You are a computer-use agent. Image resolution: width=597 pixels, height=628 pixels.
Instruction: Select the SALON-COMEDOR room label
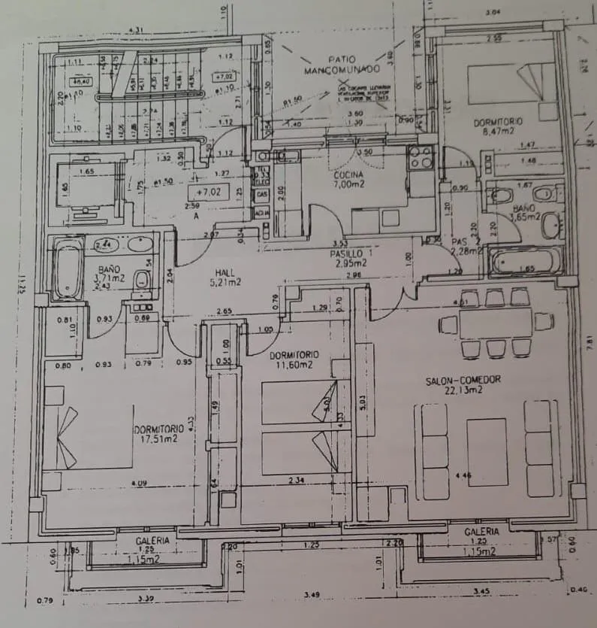pos(463,384)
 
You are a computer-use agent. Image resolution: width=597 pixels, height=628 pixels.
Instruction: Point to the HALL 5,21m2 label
pos(225,277)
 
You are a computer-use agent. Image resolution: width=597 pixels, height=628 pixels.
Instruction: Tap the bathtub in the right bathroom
pos(524,262)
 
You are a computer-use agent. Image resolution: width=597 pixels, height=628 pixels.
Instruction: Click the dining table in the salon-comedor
pos(495,323)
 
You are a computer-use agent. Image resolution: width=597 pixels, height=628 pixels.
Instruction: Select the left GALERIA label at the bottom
pos(153,540)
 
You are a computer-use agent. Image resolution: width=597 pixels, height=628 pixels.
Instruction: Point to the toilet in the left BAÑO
pos(141,281)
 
